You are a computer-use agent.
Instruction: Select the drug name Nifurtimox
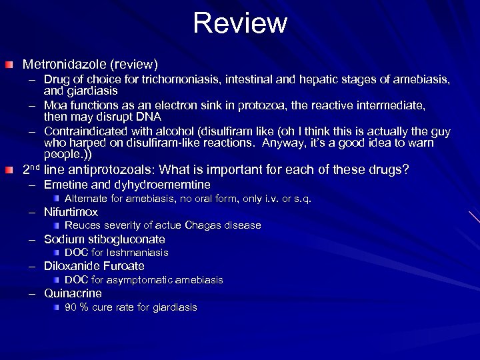click(x=71, y=212)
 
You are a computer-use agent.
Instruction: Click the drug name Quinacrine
click(x=73, y=293)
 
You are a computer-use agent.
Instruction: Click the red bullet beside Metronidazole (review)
click(x=8, y=65)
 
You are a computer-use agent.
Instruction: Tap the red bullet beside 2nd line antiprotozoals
click(x=8, y=170)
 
